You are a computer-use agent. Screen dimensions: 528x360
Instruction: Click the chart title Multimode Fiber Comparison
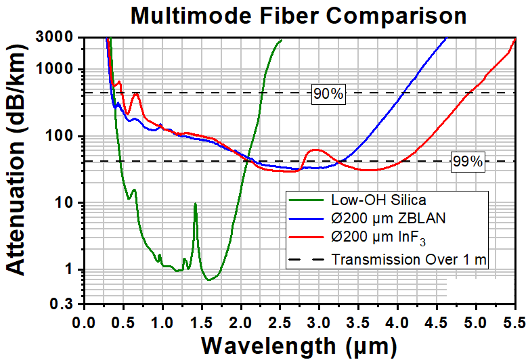[x=299, y=15]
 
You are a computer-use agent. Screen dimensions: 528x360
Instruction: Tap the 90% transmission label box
[x=328, y=94]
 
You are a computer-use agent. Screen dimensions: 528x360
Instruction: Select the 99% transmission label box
[x=468, y=162]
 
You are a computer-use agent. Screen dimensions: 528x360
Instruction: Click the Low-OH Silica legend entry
[x=357, y=200]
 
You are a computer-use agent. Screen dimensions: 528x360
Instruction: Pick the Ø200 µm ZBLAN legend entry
[x=368, y=218]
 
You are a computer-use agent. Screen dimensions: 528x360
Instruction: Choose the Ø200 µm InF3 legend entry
[x=357, y=237]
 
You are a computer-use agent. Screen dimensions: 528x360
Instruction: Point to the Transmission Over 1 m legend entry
[x=388, y=259]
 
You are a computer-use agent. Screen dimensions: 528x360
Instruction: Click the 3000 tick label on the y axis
[x=55, y=37]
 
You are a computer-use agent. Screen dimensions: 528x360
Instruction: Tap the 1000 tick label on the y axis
[x=55, y=69]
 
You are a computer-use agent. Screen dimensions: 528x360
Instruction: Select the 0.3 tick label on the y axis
[x=62, y=304]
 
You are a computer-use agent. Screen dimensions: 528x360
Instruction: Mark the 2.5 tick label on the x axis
[x=280, y=323]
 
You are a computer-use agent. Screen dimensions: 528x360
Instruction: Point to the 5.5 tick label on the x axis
[x=514, y=323]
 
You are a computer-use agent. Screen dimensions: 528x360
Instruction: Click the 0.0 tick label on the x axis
[x=85, y=323]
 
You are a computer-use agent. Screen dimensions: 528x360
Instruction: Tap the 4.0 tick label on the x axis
[x=397, y=323]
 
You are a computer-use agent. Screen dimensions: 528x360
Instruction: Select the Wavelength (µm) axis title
[x=299, y=346]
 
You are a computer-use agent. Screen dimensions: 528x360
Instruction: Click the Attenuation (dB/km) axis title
[x=16, y=160]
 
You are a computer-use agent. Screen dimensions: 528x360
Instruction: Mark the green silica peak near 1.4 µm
[x=196, y=204]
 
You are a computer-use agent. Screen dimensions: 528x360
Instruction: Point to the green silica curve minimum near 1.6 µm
[x=209, y=279]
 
